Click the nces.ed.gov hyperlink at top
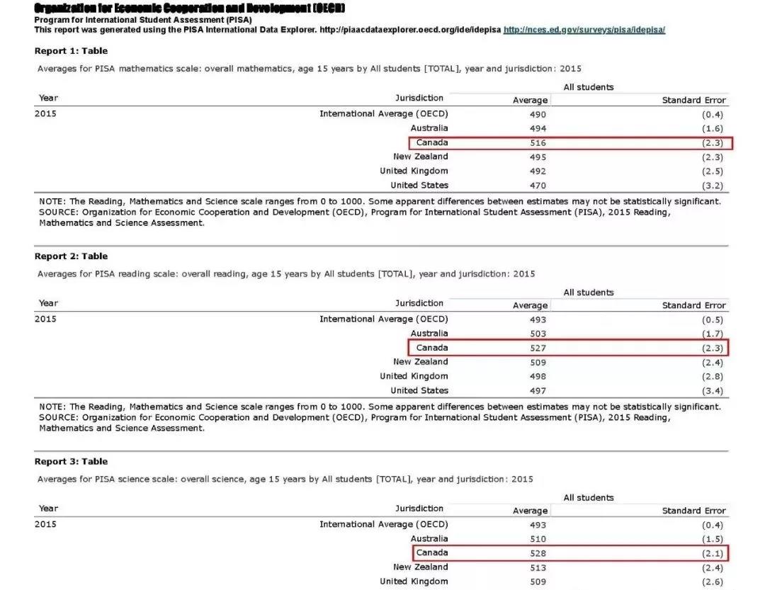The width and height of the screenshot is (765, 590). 584,30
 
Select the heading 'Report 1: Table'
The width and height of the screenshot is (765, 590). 71,51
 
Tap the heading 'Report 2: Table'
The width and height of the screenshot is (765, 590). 71,256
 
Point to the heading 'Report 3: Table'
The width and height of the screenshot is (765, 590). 71,462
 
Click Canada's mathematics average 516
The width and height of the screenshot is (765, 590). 538,143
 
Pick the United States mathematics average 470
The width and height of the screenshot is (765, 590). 538,186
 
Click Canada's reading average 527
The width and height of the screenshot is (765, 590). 538,348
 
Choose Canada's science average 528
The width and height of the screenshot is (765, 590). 538,553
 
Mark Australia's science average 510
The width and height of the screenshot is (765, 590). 538,539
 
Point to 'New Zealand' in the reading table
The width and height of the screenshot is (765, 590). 421,362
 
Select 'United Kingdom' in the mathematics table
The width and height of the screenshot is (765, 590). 414,171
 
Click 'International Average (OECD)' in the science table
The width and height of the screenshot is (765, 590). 383,525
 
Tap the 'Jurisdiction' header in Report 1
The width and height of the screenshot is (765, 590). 419,98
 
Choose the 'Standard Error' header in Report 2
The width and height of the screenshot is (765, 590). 693,305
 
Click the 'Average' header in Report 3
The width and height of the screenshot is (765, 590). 530,511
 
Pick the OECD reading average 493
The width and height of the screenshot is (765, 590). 538,319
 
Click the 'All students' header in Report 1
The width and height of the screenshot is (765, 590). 588,87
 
